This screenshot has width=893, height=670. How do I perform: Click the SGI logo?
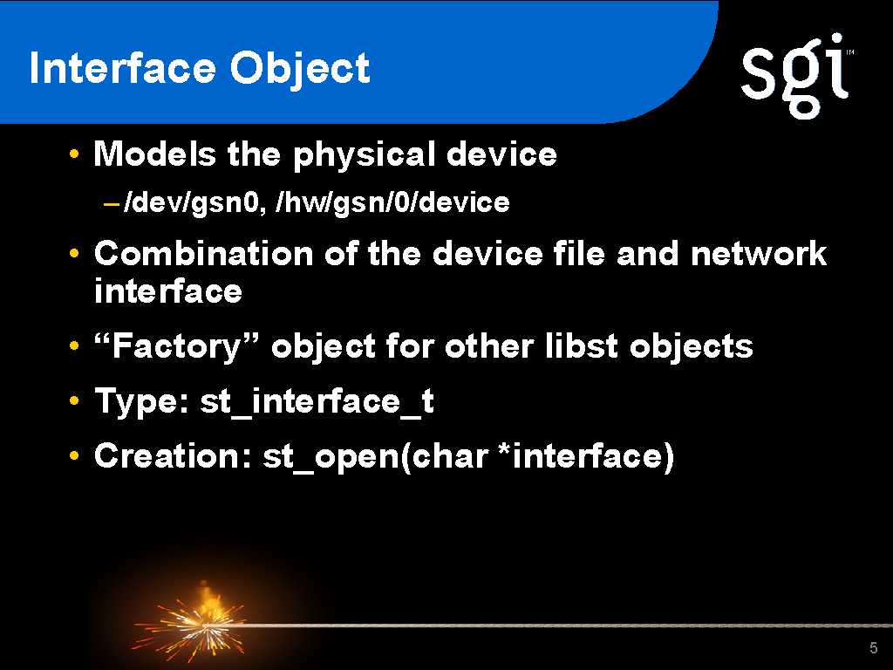coord(796,76)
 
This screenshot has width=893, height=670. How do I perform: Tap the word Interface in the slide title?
coord(122,68)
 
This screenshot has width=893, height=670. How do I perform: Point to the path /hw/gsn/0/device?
coord(392,202)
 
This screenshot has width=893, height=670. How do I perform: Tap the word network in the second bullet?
coord(759,253)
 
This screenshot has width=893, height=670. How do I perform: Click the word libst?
coord(582,345)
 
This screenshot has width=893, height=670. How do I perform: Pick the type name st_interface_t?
coord(317,401)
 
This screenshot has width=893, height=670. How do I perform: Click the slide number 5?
coord(874,647)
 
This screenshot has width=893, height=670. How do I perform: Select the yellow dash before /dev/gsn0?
coord(112,203)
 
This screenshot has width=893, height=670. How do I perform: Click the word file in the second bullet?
coord(579,253)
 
